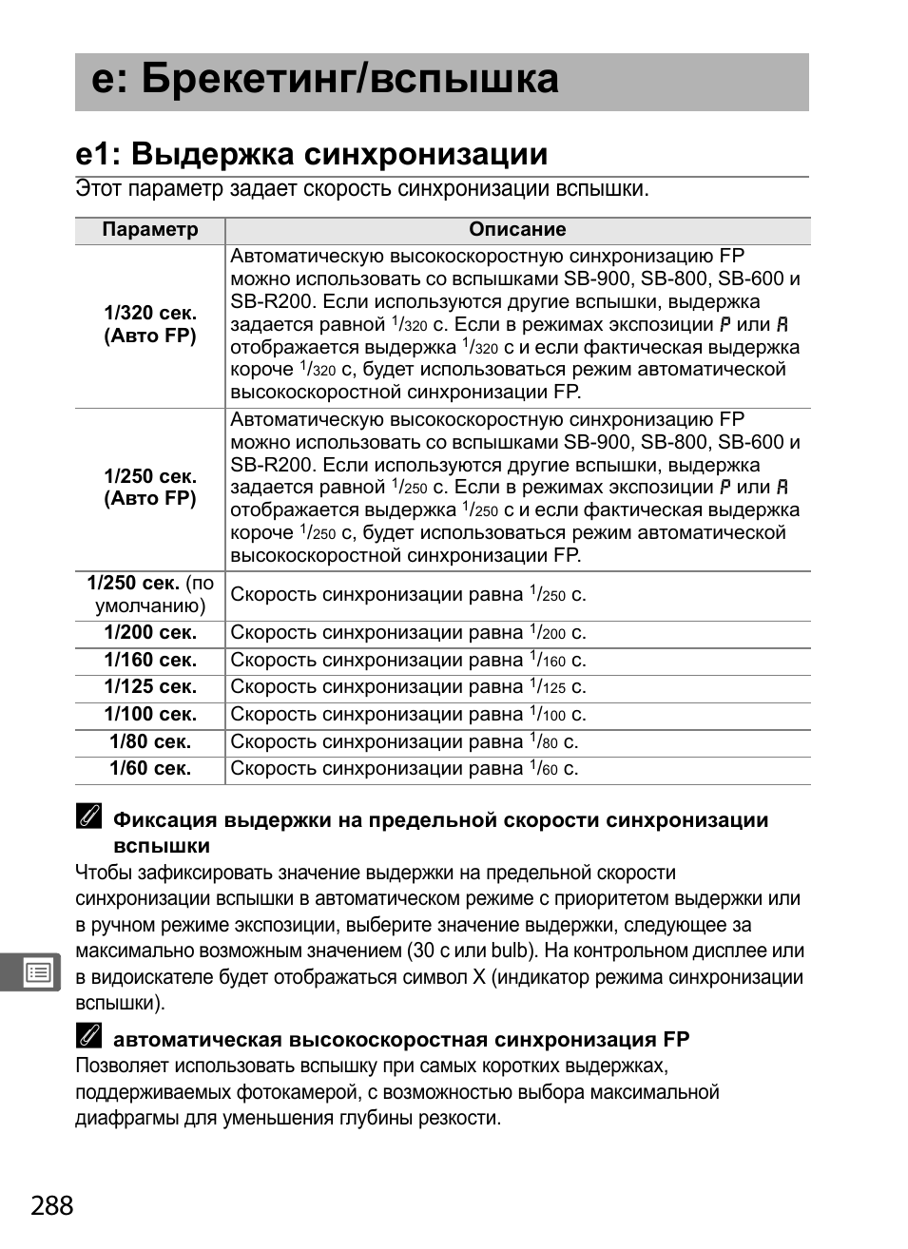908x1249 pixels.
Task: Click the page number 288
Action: (51, 1205)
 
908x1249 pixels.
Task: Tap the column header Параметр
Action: (150, 230)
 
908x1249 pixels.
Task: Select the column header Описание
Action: (517, 230)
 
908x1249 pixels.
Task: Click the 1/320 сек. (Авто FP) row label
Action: (150, 324)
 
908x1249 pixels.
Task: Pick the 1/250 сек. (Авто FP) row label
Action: (150, 488)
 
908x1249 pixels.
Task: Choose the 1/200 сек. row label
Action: (150, 633)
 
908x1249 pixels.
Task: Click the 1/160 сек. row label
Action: (150, 661)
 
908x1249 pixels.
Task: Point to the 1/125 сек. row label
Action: (150, 687)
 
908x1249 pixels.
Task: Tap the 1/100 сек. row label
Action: (150, 715)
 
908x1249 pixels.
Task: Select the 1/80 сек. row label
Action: (150, 742)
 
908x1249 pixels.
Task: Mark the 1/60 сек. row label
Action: (150, 769)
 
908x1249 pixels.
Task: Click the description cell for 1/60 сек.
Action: (405, 769)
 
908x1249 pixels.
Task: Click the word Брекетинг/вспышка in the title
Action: (350, 80)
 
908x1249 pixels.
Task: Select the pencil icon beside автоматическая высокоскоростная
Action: (88, 1037)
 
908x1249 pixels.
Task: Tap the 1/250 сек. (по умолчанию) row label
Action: (150, 595)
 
